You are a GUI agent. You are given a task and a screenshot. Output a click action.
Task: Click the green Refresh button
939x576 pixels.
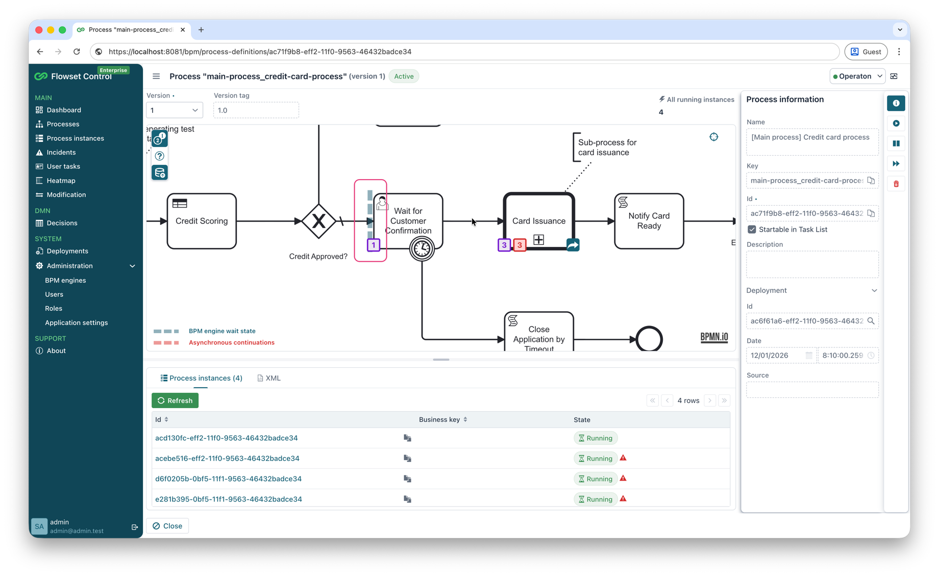(175, 400)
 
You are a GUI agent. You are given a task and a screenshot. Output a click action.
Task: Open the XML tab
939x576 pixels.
(269, 378)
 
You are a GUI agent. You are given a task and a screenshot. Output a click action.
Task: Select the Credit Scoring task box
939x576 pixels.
(202, 221)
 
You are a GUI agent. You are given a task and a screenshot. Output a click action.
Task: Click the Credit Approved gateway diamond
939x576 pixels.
(318, 221)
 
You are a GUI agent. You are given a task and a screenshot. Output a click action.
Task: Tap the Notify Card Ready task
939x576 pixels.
(649, 221)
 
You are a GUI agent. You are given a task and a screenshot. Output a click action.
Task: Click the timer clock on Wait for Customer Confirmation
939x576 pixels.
(422, 248)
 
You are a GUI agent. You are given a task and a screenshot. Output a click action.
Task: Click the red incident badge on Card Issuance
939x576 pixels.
(520, 245)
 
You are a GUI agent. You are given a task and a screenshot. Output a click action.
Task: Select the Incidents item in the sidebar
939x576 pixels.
(61, 152)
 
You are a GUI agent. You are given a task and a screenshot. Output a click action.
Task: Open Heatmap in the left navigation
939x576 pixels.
(61, 180)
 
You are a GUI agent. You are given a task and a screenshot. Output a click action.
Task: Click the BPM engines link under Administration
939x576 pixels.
(65, 280)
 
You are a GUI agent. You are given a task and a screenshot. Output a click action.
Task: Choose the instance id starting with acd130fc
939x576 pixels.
(227, 438)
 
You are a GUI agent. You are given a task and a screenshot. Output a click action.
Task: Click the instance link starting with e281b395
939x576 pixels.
(229, 499)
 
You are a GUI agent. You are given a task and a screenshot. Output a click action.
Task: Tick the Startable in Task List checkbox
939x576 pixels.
(752, 230)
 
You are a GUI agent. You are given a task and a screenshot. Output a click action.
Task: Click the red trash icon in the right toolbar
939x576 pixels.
(896, 184)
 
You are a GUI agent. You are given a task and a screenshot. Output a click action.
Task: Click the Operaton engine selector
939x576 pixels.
(857, 76)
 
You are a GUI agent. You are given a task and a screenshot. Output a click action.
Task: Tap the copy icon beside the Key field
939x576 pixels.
(871, 181)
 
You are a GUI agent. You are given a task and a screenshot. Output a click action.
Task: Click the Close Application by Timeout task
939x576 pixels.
(539, 334)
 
